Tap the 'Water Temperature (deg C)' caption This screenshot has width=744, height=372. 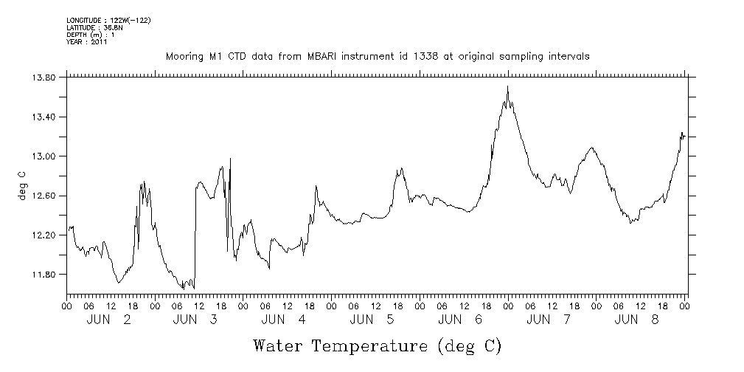[x=378, y=345]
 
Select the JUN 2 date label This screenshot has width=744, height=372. [x=110, y=320]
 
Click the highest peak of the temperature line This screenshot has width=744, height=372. [x=508, y=86]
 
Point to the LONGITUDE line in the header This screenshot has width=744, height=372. [x=108, y=20]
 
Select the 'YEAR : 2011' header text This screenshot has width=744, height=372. [x=87, y=42]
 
